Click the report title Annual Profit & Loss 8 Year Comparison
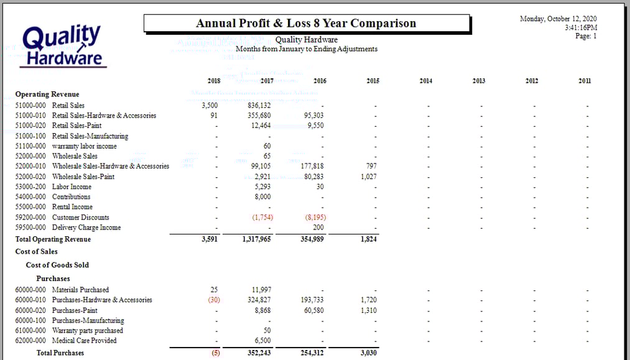click(306, 24)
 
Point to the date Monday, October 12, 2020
click(558, 19)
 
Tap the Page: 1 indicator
click(586, 36)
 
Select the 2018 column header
click(213, 81)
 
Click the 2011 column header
click(585, 81)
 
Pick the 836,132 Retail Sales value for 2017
click(259, 106)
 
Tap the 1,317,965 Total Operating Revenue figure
click(256, 239)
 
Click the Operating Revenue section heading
click(47, 95)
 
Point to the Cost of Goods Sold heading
click(57, 265)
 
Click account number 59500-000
click(30, 228)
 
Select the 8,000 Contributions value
click(263, 197)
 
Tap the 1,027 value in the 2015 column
click(368, 177)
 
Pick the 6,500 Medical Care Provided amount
click(263, 341)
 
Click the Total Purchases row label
click(60, 353)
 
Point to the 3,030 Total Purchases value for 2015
click(368, 353)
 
